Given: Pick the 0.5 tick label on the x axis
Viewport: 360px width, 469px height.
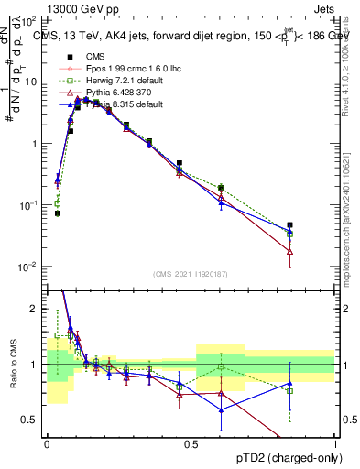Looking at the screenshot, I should [x=191, y=443].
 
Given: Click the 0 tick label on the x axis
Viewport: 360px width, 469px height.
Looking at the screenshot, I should [x=47, y=443].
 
